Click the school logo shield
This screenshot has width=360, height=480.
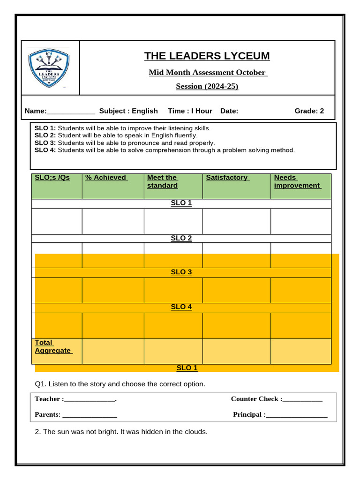pyautogui.click(x=49, y=69)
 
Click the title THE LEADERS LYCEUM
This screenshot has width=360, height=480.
pyautogui.click(x=207, y=56)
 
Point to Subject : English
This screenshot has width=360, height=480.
pyautogui.click(x=128, y=111)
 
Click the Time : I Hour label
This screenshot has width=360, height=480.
pyautogui.click(x=190, y=111)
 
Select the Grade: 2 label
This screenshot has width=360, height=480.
pyautogui.click(x=309, y=111)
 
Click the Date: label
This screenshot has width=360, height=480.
pyautogui.click(x=229, y=111)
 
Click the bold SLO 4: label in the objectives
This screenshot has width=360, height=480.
pyautogui.click(x=45, y=150)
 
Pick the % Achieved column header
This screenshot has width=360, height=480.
pyautogui.click(x=106, y=178)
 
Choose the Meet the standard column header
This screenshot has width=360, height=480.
pyautogui.click(x=162, y=181)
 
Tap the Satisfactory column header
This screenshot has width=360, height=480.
pyautogui.click(x=227, y=178)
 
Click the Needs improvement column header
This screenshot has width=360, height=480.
pyautogui.click(x=297, y=181)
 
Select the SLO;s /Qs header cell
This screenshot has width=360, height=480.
pyautogui.click(x=52, y=178)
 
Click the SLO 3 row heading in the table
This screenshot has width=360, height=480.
pyautogui.click(x=181, y=272)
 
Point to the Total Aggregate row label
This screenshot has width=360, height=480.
pyautogui.click(x=52, y=346)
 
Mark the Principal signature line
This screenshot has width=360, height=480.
pyautogui.click(x=296, y=415)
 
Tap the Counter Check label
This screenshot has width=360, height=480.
pyautogui.click(x=256, y=399)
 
